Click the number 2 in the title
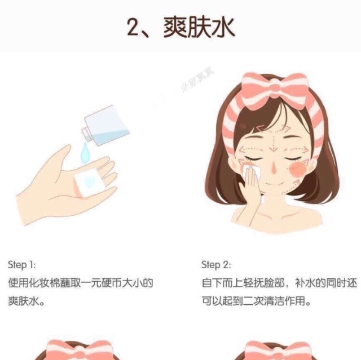tap(134, 26)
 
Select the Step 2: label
tap(216, 264)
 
